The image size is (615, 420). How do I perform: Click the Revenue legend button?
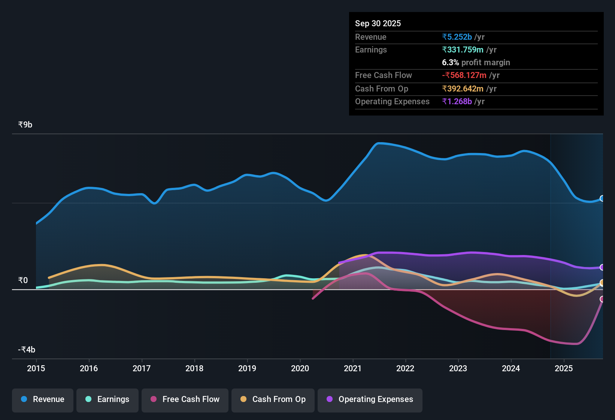pos(43,399)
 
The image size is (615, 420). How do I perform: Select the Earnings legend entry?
pos(107,399)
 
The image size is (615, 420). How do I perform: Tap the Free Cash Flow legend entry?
pos(185,399)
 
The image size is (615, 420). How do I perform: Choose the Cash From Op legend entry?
pos(273,399)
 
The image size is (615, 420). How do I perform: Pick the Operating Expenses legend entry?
pos(370,399)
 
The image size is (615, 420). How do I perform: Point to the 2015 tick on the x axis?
pos(36,368)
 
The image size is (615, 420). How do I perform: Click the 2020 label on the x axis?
pos(300,368)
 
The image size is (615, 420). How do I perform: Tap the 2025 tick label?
pos(564,368)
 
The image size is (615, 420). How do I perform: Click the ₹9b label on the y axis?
pos(25,124)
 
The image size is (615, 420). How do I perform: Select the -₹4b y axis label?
pos(27,349)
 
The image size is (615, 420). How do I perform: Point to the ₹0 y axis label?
pos(23,280)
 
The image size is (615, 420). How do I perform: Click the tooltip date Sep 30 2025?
pos(378,23)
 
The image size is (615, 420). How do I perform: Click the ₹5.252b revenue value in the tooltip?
pos(457,37)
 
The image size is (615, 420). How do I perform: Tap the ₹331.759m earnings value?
pos(463,49)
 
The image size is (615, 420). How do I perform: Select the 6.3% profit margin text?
pos(476,62)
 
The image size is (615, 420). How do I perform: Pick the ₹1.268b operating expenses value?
pos(457,101)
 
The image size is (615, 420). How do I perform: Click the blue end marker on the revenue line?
pos(602,198)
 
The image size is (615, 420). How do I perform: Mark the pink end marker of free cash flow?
pos(602,299)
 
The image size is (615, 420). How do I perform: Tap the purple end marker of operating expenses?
pos(602,267)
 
